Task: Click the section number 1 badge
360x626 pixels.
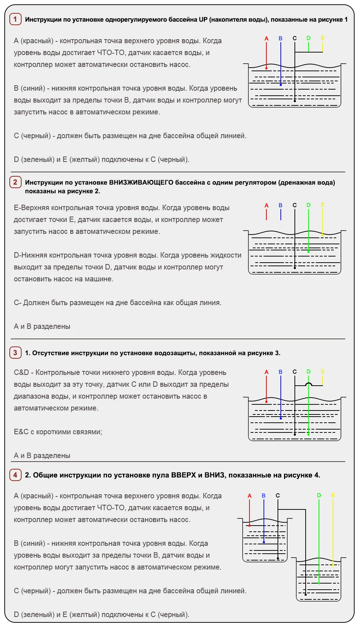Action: (15, 19)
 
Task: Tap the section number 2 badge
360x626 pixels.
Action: (15, 182)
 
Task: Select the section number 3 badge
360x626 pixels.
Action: (15, 353)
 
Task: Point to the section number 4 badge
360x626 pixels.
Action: (15, 475)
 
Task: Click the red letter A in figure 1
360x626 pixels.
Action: (266, 38)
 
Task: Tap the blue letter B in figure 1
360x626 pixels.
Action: (280, 38)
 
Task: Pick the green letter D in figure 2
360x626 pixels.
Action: (309, 205)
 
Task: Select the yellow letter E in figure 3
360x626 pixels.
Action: (323, 372)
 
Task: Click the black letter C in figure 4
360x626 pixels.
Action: (278, 496)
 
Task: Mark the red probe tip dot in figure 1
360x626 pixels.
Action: (266, 68)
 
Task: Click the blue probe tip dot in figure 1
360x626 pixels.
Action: (281, 85)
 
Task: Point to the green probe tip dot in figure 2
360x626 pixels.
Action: (309, 252)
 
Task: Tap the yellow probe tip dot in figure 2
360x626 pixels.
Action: (323, 235)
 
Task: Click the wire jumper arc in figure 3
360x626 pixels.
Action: (309, 384)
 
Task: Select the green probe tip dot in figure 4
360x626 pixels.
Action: (319, 583)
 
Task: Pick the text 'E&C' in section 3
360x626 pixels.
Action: (21, 432)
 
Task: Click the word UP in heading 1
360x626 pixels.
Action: (203, 19)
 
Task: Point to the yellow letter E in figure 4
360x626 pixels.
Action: (333, 496)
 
